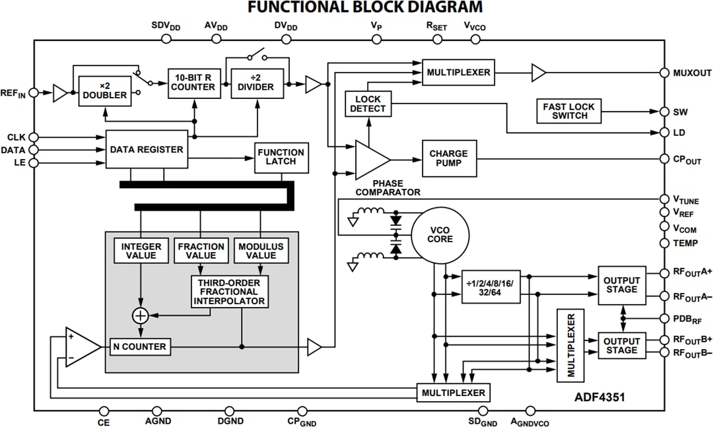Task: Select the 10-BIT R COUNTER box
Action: pos(193,82)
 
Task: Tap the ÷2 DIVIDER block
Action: pos(257,82)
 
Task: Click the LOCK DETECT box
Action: pos(368,104)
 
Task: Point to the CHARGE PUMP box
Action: pos(448,158)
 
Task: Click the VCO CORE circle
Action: pos(440,235)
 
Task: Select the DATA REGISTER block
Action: pos(147,150)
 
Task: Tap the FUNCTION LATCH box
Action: pos(282,157)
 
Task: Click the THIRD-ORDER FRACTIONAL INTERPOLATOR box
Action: pos(229,292)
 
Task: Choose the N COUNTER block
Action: pos(140,346)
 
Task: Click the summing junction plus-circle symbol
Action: pos(140,315)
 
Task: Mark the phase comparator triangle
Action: pos(370,159)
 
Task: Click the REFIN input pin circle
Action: pos(34,94)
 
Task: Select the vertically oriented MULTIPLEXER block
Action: pos(571,345)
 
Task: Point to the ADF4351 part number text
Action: pos(599,397)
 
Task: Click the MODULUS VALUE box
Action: pos(261,251)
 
